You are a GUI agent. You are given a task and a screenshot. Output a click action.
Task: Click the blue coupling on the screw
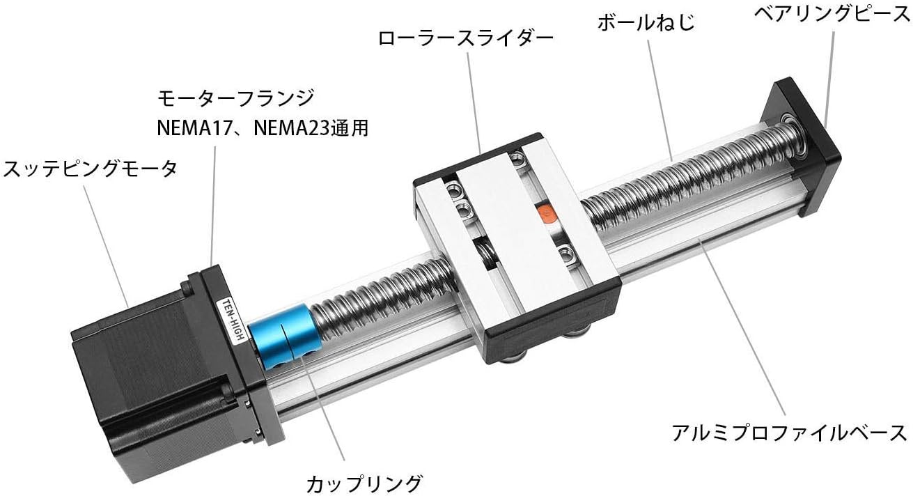tap(283, 336)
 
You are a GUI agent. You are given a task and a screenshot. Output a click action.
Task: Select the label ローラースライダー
tap(465, 38)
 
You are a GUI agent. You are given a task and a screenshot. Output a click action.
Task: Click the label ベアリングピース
tap(833, 14)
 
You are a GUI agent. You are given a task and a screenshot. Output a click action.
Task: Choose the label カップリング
tap(364, 481)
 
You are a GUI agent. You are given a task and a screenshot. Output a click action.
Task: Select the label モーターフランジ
tap(235, 98)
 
